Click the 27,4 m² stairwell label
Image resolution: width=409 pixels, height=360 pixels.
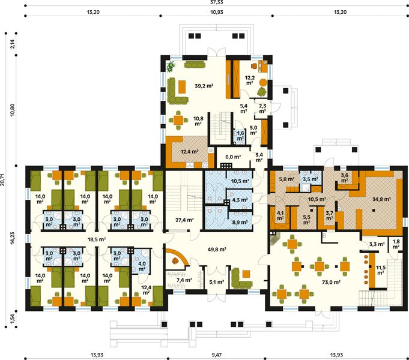pyautogui.click(x=184, y=220)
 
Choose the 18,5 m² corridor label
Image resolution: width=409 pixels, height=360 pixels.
pyautogui.click(x=96, y=239)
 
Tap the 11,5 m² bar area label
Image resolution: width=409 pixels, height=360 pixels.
pyautogui.click(x=380, y=269)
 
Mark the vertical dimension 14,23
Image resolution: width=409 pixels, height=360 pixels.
pyautogui.click(x=12, y=240)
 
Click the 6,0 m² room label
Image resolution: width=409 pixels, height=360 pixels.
pyautogui.click(x=232, y=157)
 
